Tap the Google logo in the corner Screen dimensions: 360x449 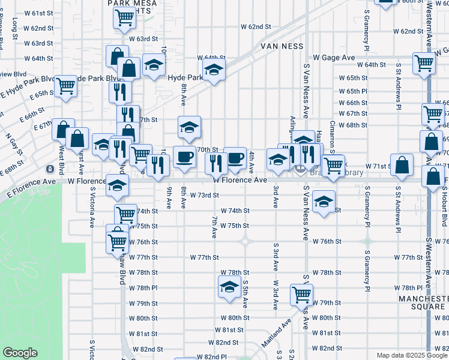pyautogui.click(x=20, y=353)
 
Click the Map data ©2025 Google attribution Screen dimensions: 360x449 pyautogui.click(x=411, y=355)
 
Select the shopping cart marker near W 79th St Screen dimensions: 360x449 pyautogui.click(x=301, y=294)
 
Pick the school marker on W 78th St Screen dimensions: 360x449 pyautogui.click(x=229, y=287)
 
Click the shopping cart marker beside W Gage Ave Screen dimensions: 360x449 pyautogui.click(x=424, y=62)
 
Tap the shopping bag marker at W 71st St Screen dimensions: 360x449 pyautogui.click(x=403, y=164)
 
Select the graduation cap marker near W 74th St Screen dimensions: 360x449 pyautogui.click(x=323, y=202)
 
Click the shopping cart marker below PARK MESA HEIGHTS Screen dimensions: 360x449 pyautogui.click(x=124, y=17)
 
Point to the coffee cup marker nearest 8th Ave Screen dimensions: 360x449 pyautogui.click(x=184, y=157)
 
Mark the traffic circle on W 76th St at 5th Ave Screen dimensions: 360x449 pyautogui.click(x=245, y=242)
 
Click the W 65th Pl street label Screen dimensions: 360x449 pyautogui.click(x=352, y=91)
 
